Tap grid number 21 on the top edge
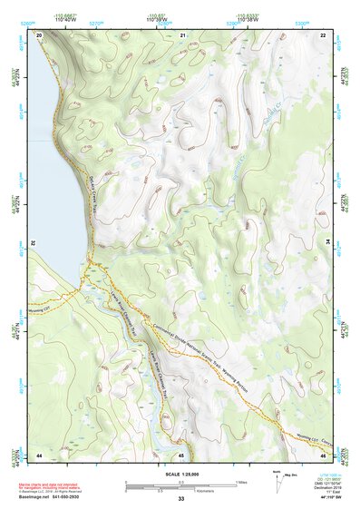[181, 34]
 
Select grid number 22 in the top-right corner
[323, 34]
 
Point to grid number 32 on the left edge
[33, 243]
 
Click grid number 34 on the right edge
[327, 243]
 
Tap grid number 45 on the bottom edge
[181, 454]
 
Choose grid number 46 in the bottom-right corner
[323, 454]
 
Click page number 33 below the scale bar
[181, 500]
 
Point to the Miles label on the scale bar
[241, 481]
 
